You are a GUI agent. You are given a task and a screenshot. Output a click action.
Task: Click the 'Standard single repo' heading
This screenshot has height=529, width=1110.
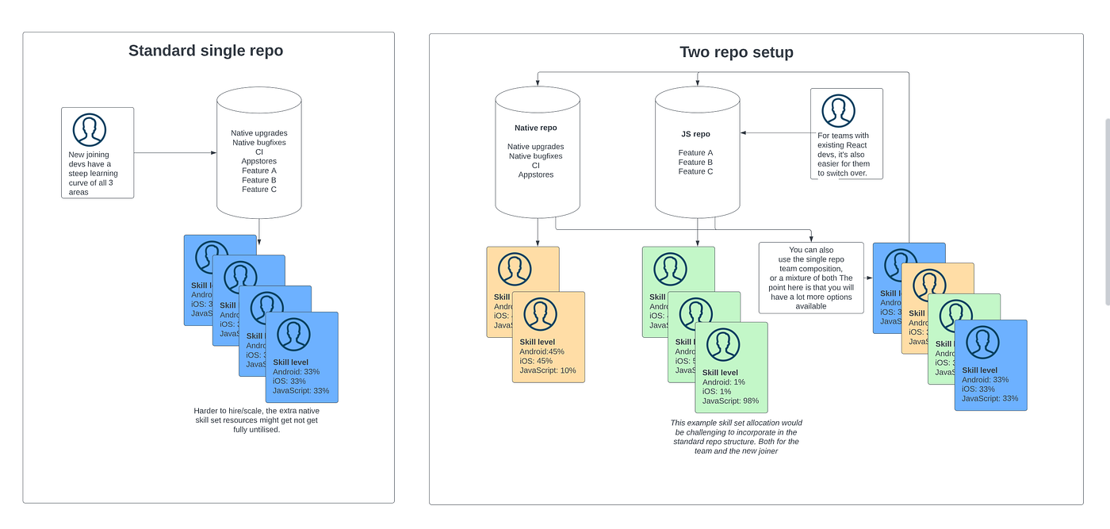[205, 51]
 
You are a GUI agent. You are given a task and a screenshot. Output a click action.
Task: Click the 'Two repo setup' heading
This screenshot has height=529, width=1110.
[736, 52]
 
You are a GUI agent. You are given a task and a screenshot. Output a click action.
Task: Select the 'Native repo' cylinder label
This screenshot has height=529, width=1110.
[536, 128]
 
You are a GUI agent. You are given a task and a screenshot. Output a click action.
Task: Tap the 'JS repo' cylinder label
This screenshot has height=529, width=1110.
[695, 134]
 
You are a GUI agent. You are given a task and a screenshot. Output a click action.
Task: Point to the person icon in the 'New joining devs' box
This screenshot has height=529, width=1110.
[90, 129]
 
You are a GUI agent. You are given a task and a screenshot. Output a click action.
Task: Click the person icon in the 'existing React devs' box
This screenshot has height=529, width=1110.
[838, 111]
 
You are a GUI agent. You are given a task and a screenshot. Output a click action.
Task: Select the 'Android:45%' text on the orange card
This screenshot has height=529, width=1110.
[542, 351]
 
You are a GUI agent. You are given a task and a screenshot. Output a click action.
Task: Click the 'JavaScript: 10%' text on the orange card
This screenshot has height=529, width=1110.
[547, 370]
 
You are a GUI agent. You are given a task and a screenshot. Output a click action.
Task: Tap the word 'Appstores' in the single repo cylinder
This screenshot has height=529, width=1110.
[259, 161]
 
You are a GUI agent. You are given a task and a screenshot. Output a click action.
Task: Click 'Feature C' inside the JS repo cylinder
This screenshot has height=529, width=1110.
[695, 171]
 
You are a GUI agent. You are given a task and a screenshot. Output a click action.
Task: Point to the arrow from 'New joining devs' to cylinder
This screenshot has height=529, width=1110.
[174, 152]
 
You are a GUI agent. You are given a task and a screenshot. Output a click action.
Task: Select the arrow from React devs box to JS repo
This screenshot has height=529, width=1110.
[775, 134]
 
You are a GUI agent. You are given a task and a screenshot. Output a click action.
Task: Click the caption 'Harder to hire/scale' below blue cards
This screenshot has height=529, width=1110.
[256, 420]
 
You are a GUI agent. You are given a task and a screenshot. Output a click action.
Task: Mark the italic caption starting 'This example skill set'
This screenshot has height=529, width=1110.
[736, 437]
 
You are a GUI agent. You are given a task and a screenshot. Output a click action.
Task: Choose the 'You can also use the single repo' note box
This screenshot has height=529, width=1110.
[811, 278]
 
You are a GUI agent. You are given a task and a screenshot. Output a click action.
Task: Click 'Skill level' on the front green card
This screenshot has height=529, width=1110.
[720, 373]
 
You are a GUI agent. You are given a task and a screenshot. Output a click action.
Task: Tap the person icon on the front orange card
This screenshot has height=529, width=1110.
[541, 315]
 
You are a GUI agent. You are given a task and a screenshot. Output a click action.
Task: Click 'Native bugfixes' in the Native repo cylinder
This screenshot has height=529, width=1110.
[536, 156]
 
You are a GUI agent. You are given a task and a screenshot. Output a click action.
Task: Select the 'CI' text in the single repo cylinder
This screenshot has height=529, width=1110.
[259, 151]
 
